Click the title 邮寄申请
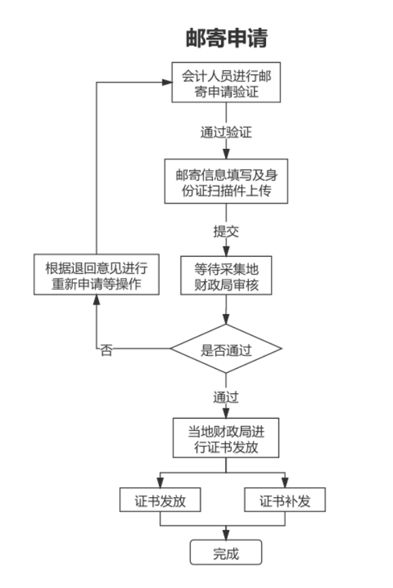point(226,38)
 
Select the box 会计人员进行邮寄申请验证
point(226,83)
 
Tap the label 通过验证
point(226,132)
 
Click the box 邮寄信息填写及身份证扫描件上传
point(226,182)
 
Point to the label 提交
point(226,231)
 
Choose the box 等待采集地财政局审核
point(226,275)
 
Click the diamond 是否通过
point(226,351)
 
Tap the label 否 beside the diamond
point(106,351)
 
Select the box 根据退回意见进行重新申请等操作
point(96,275)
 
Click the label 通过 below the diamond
point(226,397)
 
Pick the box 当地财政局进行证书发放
point(226,439)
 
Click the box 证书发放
point(160,501)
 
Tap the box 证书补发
point(285,501)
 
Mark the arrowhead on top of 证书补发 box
point(285,484)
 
